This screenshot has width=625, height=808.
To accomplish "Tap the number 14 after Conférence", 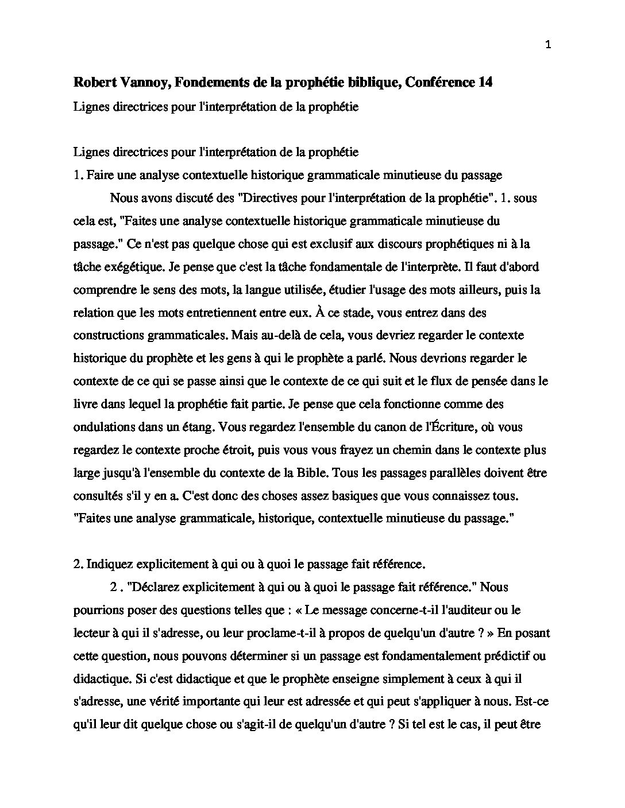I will (x=485, y=83).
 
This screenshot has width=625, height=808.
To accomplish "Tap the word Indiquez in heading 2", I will (x=110, y=564).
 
